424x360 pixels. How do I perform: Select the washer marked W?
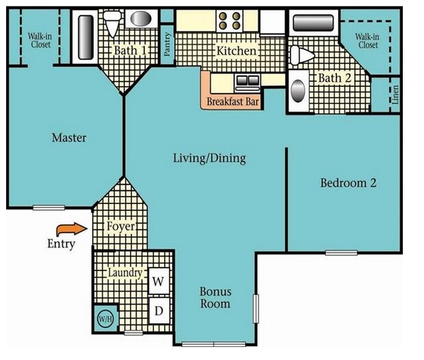pos(157,280)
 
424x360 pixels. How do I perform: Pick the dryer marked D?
pos(157,311)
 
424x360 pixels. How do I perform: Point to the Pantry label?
pos(166,43)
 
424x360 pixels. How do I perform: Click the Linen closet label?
pos(395,94)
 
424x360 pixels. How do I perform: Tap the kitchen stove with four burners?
pos(227,20)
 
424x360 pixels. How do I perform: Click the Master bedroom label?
pos(69,138)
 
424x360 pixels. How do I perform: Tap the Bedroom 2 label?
pos(348,183)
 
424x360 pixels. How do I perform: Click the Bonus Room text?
pos(215,298)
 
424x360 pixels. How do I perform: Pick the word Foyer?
pos(120,226)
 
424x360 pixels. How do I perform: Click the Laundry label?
pos(125,272)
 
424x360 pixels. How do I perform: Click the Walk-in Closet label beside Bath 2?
pos(368,40)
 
